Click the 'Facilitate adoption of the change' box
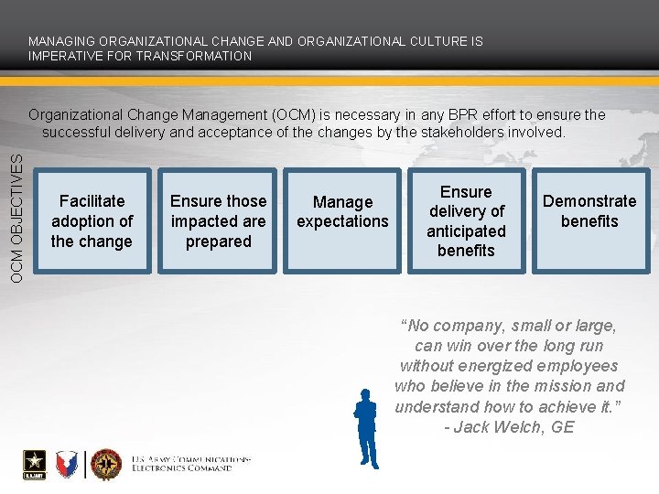(92, 221)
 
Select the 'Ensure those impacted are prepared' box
(218, 221)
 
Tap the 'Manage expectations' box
(342, 221)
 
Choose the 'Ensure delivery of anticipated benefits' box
(466, 221)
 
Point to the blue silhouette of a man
(366, 428)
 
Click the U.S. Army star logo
(34, 464)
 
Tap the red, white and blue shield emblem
(68, 465)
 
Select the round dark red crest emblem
(106, 465)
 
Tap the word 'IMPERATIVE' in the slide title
(63, 56)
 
